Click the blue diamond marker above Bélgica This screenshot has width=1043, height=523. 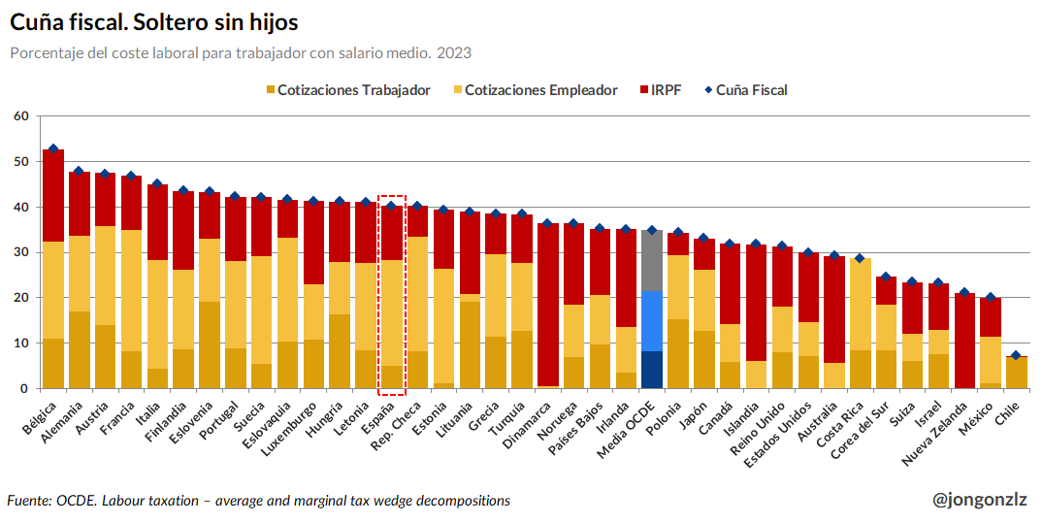point(53,149)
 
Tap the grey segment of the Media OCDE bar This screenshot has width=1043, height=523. point(652,261)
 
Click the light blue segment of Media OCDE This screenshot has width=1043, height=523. point(652,321)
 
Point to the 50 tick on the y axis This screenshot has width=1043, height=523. point(22,162)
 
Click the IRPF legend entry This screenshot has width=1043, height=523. point(660,90)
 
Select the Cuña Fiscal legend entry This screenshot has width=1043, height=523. point(745,90)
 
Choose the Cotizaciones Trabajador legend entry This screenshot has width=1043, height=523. point(348,90)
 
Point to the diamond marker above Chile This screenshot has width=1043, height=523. point(1016,355)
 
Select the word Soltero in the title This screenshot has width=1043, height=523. point(170,22)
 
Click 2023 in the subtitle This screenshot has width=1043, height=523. point(454,53)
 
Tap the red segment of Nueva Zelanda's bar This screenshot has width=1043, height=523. point(963,341)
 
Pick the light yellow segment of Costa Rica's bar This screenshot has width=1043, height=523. point(860,304)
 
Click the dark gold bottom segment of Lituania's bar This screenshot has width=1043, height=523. point(470,344)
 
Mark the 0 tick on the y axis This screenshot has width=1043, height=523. point(25,388)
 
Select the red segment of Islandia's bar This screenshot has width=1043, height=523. point(756,303)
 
